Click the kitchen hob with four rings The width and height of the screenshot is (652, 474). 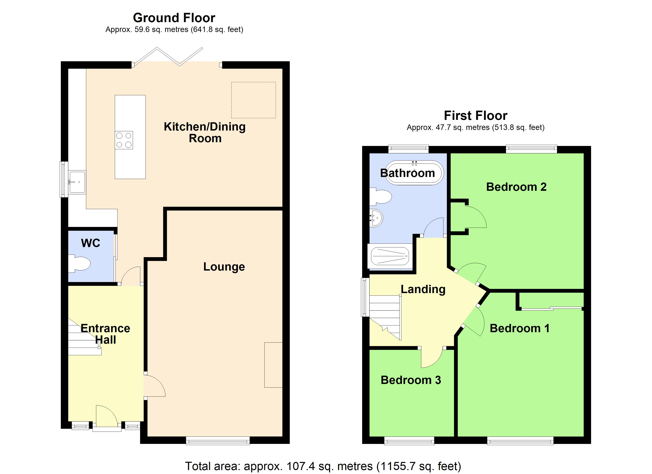pyautogui.click(x=124, y=140)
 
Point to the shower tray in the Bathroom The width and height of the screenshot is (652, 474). pyautogui.click(x=390, y=256)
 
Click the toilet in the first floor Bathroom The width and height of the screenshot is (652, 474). pyautogui.click(x=381, y=197)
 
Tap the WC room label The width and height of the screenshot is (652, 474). pyautogui.click(x=90, y=243)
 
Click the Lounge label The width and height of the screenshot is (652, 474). pyautogui.click(x=224, y=267)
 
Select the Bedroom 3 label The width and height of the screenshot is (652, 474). pyautogui.click(x=411, y=380)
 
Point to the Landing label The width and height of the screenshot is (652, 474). pyautogui.click(x=423, y=289)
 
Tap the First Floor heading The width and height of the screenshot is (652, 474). pyautogui.click(x=476, y=116)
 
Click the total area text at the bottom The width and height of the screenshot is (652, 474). pyautogui.click(x=323, y=466)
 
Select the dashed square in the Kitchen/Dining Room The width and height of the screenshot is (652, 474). pyautogui.click(x=253, y=100)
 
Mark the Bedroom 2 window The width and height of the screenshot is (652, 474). pyautogui.click(x=531, y=149)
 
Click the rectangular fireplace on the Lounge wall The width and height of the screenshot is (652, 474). pyautogui.click(x=273, y=365)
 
